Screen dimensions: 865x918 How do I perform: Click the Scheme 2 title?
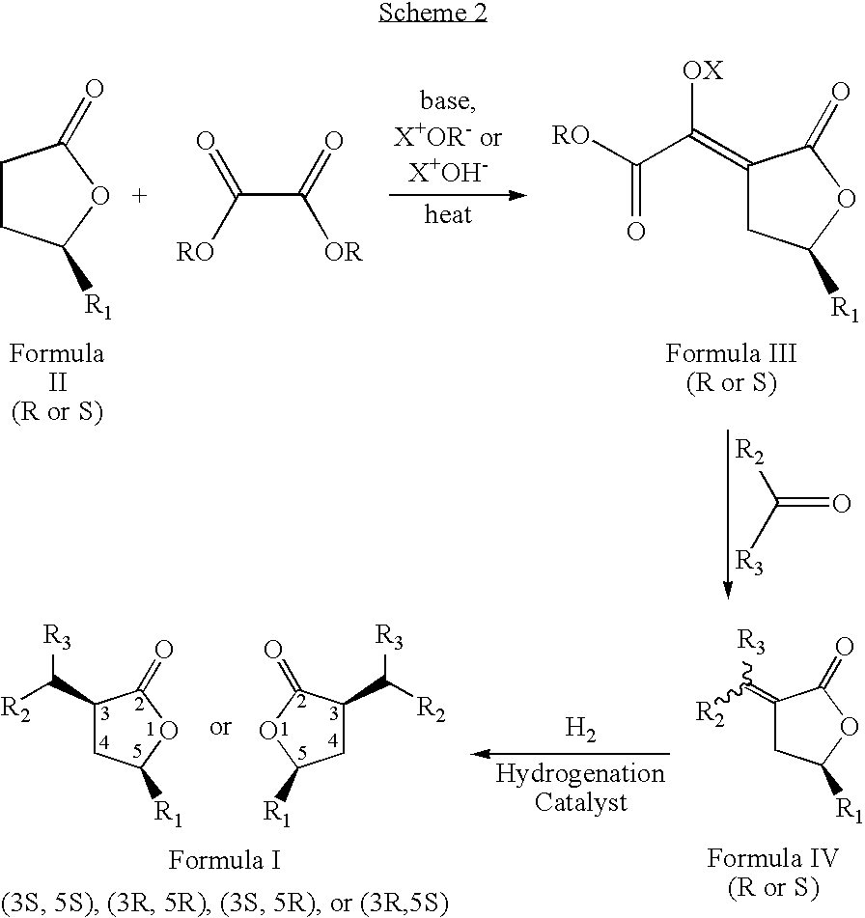(432, 13)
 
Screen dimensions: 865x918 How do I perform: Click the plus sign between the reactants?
(139, 195)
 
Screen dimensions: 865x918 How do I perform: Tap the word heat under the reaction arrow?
(448, 214)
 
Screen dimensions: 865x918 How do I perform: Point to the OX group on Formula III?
(703, 70)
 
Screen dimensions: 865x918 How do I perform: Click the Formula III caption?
(731, 353)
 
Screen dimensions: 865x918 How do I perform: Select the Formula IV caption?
(772, 858)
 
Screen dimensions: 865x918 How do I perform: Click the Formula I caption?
(224, 860)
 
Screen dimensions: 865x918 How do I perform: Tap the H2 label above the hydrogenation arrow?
(580, 729)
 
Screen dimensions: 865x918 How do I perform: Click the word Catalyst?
(580, 802)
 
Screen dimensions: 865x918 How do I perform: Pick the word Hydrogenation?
(580, 774)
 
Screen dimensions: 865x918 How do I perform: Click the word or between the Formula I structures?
(220, 727)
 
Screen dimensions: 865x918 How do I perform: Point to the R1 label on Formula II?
(98, 306)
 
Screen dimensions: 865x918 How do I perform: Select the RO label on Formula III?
(571, 136)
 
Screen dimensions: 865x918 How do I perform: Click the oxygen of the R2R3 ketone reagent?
(841, 503)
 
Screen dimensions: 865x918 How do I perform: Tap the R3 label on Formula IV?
(750, 642)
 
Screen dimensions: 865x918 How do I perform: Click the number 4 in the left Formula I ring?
(103, 743)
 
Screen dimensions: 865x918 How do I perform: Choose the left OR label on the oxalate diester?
(195, 252)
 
